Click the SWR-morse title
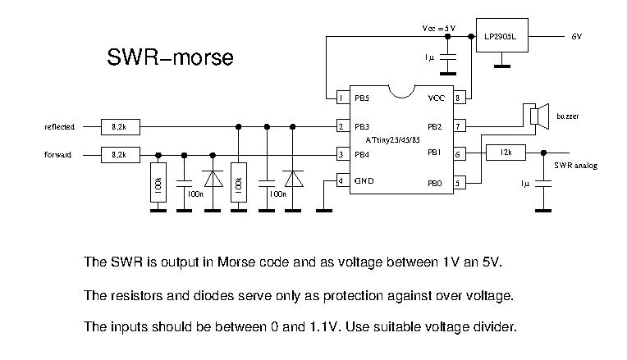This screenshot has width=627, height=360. point(170,58)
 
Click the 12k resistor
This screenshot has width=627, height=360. point(506,153)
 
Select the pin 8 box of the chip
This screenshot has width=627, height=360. point(460,98)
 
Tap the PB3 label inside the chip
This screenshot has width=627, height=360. point(362,127)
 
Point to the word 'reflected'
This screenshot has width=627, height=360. point(59,127)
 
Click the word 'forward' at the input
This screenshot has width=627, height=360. point(58,154)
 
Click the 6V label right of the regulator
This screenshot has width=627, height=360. point(577,37)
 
